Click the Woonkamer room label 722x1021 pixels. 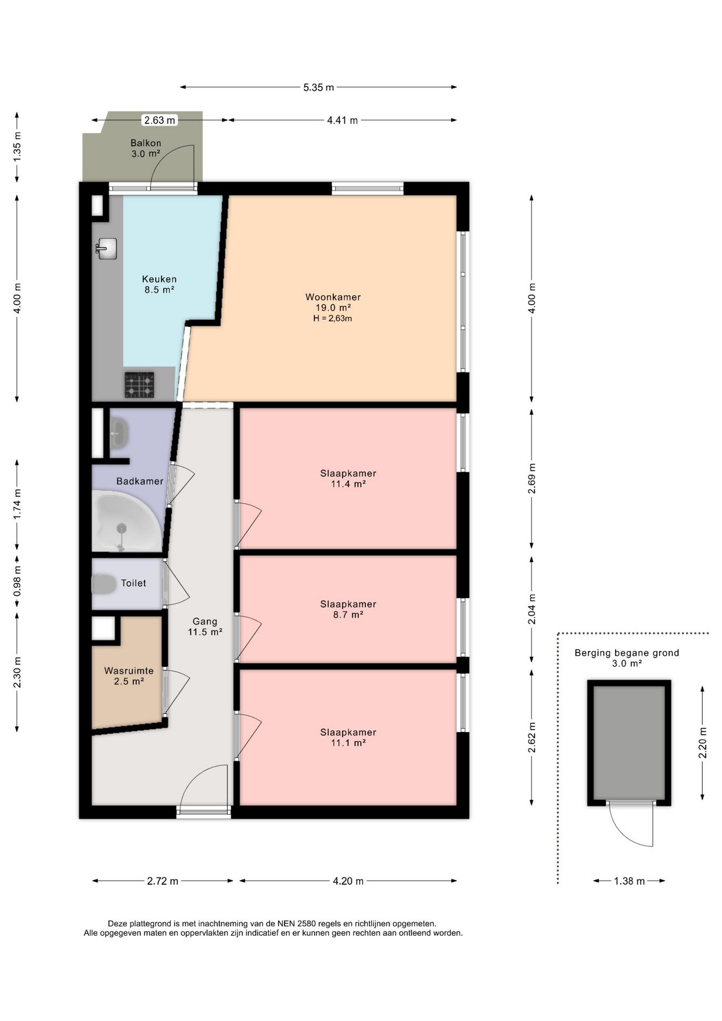tap(333, 297)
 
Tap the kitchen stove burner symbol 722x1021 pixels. tap(139, 385)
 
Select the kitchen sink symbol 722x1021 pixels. tap(107, 248)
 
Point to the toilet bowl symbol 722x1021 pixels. tap(104, 584)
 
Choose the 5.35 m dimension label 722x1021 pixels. tap(318, 87)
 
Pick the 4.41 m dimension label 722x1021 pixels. tap(342, 120)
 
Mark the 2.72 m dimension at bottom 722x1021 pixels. tap(163, 881)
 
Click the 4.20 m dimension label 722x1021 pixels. tap(348, 881)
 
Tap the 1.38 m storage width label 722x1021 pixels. tap(629, 881)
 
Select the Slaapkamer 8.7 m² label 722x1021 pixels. tap(348, 609)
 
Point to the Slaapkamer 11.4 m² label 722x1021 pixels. tap(348, 479)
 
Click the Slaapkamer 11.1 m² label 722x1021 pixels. tap(348, 738)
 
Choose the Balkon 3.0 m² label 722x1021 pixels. tap(146, 148)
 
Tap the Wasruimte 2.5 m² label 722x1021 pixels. tap(129, 676)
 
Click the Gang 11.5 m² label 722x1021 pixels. tap(205, 626)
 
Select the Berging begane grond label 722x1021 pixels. tap(627, 653)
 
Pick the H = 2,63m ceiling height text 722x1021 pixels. tap(333, 319)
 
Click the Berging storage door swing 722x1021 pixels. tap(631, 823)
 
